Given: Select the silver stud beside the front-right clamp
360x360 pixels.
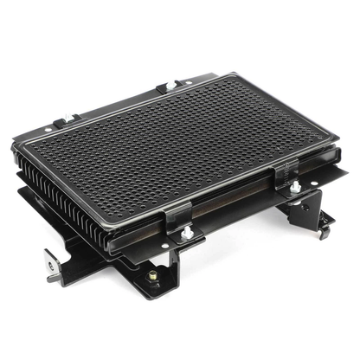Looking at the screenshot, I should [295, 185].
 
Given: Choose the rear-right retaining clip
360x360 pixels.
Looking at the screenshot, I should [170, 87].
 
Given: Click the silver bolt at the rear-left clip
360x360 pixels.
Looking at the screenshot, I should [60, 124].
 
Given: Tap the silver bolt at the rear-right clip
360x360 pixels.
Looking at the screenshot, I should [170, 84].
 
